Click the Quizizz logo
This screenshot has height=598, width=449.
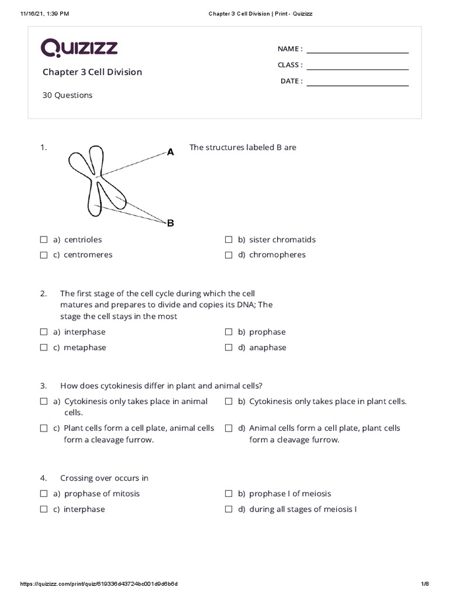(x=79, y=47)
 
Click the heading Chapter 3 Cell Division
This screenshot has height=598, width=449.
(x=92, y=72)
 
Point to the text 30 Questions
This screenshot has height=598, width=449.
(x=67, y=95)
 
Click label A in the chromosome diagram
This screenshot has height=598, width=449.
(x=171, y=152)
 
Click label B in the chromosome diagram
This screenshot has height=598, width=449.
(x=171, y=223)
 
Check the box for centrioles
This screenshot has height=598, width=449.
(x=44, y=239)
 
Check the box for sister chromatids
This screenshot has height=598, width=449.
(x=229, y=239)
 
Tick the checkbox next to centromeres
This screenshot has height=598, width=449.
(x=44, y=255)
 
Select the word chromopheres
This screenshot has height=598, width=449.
(x=277, y=255)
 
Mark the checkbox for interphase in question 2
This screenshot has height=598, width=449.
(x=44, y=332)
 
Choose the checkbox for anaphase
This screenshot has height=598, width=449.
(x=229, y=347)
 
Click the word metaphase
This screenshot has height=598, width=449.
(x=85, y=347)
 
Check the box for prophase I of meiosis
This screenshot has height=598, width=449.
(x=229, y=493)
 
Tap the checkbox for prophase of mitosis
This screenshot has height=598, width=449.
(x=44, y=493)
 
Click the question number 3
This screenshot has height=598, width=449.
(x=43, y=386)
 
